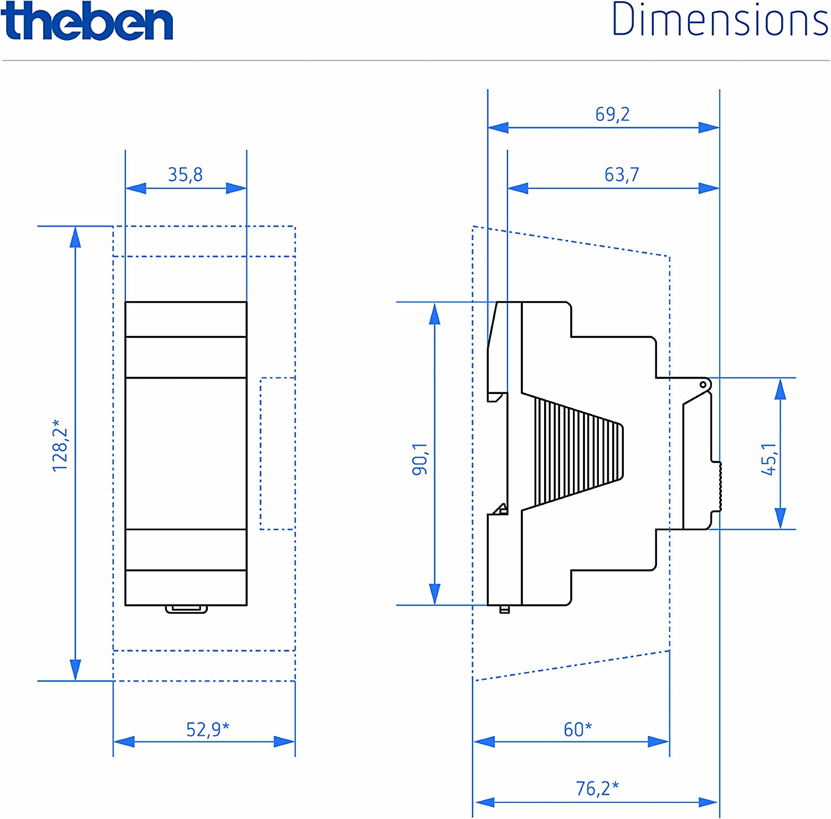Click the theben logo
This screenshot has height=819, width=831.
[87, 21]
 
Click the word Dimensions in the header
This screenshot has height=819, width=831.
[720, 20]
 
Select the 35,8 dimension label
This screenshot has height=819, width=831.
[186, 175]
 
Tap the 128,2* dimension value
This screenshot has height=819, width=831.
[60, 446]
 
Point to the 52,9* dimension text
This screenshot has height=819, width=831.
[207, 729]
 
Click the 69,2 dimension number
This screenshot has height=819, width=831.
[612, 114]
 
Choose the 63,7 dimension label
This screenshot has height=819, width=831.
[622, 175]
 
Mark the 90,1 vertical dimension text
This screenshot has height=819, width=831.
[420, 459]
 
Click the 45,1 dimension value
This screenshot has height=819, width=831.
[768, 459]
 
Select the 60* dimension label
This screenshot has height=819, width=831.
[578, 729]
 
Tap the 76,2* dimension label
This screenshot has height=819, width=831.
[597, 788]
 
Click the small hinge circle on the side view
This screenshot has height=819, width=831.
[703, 385]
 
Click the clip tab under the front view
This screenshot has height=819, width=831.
[186, 609]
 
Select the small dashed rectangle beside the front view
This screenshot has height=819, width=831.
[277, 453]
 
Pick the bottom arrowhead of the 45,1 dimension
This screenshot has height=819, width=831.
[780, 519]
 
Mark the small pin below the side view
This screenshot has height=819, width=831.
[504, 610]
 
